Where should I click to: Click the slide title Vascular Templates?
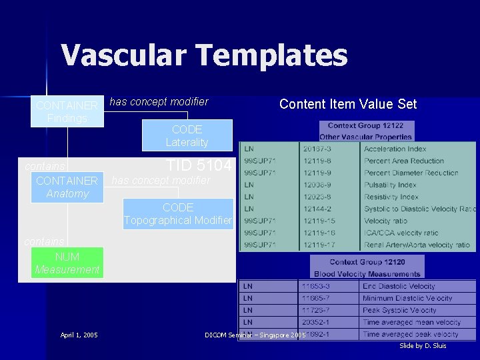[x=204, y=55]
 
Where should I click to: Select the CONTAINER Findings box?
[x=67, y=112]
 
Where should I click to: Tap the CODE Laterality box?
[x=187, y=135]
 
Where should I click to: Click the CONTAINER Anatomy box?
[x=67, y=187]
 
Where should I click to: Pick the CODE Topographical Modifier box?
[x=178, y=214]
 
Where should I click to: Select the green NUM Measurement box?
[x=67, y=263]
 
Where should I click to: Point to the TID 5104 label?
[x=199, y=165]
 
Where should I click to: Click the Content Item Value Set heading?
[x=347, y=104]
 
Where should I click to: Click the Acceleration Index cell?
[x=395, y=149]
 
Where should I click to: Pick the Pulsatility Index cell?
[x=390, y=185]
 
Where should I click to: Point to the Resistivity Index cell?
[x=391, y=197]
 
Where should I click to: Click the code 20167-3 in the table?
[x=317, y=149]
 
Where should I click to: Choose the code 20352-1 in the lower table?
[x=315, y=323]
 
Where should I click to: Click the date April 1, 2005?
[x=79, y=335]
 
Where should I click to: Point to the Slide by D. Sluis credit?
[x=423, y=346]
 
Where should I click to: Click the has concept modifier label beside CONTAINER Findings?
[x=159, y=102]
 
